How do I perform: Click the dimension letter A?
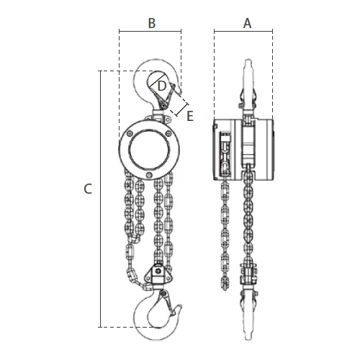click(x=247, y=24)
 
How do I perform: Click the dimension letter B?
click(x=152, y=24)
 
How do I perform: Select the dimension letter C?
click(x=88, y=189)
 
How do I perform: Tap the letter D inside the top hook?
click(x=162, y=86)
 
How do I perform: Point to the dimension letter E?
click(x=190, y=116)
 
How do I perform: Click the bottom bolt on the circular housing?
click(x=150, y=176)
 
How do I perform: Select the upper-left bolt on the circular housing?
click(x=130, y=134)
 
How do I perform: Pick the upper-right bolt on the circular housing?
click(x=169, y=134)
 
